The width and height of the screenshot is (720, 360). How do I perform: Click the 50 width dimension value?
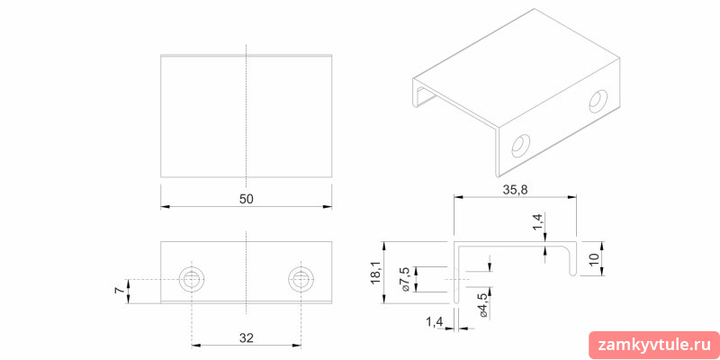[x=246, y=199]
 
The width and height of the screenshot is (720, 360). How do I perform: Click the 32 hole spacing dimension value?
[x=246, y=338]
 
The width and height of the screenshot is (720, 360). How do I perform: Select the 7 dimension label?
[x=120, y=291]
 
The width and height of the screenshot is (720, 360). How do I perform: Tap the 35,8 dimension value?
[x=514, y=191]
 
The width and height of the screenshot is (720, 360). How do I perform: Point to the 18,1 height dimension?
[x=375, y=273]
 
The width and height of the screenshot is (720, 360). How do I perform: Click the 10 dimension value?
[x=594, y=258]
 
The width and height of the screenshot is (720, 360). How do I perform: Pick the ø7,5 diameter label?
[x=406, y=279]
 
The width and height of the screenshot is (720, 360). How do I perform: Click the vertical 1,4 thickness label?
[x=538, y=222]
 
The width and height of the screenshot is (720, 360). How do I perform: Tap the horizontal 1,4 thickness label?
[x=434, y=322]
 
